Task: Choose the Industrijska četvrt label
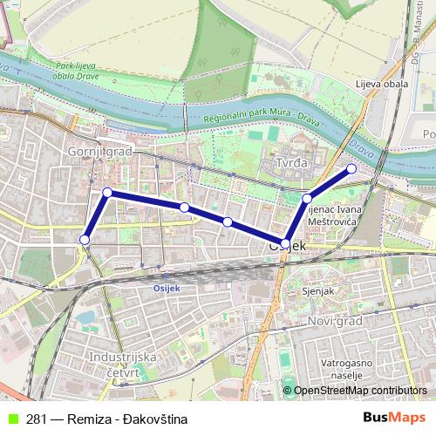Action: point(123,364)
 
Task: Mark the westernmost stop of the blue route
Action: point(85,239)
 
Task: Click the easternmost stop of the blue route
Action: point(351,168)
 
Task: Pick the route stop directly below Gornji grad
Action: point(107,192)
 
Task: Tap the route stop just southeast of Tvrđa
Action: point(307,199)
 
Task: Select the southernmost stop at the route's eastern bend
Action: point(285,242)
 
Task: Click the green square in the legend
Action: point(10,419)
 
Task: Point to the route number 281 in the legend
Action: point(37,419)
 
